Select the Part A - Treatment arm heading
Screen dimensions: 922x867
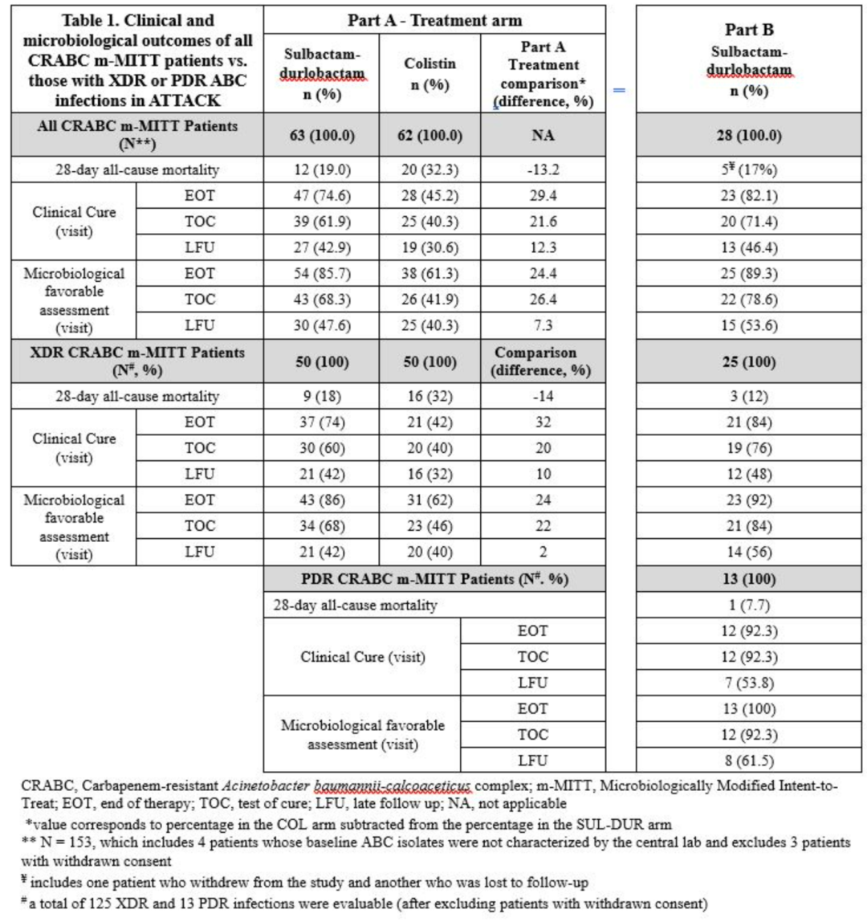coord(435,18)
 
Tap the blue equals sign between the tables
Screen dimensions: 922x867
coord(619,90)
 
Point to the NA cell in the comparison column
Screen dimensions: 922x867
coord(543,135)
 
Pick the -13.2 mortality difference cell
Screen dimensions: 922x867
coord(543,171)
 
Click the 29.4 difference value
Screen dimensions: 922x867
coord(543,197)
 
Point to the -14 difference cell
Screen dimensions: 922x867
coord(543,396)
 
